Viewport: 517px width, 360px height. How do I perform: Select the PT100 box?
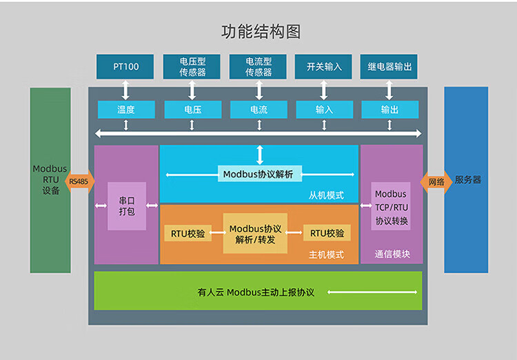tap(125, 67)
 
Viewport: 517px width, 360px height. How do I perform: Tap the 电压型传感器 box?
tap(192, 67)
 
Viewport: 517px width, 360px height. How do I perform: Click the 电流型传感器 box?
tap(258, 67)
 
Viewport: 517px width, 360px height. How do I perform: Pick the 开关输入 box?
tap(324, 67)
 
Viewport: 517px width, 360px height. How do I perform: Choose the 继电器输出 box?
tap(389, 67)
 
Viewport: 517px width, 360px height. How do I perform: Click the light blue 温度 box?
tap(125, 110)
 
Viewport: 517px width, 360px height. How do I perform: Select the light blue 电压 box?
tap(192, 110)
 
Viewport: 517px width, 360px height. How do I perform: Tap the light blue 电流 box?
tap(258, 110)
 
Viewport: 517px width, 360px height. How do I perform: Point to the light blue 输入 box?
tap(324, 110)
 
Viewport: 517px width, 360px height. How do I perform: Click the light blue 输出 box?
tap(389, 110)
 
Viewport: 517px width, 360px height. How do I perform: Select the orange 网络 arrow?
tap(436, 181)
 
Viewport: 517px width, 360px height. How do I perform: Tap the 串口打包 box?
tap(127, 206)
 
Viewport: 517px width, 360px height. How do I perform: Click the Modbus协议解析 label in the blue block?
tap(258, 174)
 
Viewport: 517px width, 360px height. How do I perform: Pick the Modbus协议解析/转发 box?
tap(255, 234)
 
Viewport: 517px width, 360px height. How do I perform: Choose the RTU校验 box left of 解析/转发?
tap(188, 233)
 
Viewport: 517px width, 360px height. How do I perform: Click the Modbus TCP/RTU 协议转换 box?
tap(392, 208)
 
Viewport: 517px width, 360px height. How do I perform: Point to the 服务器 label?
tap(468, 180)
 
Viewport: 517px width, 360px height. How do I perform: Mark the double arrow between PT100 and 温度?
tap(125, 90)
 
